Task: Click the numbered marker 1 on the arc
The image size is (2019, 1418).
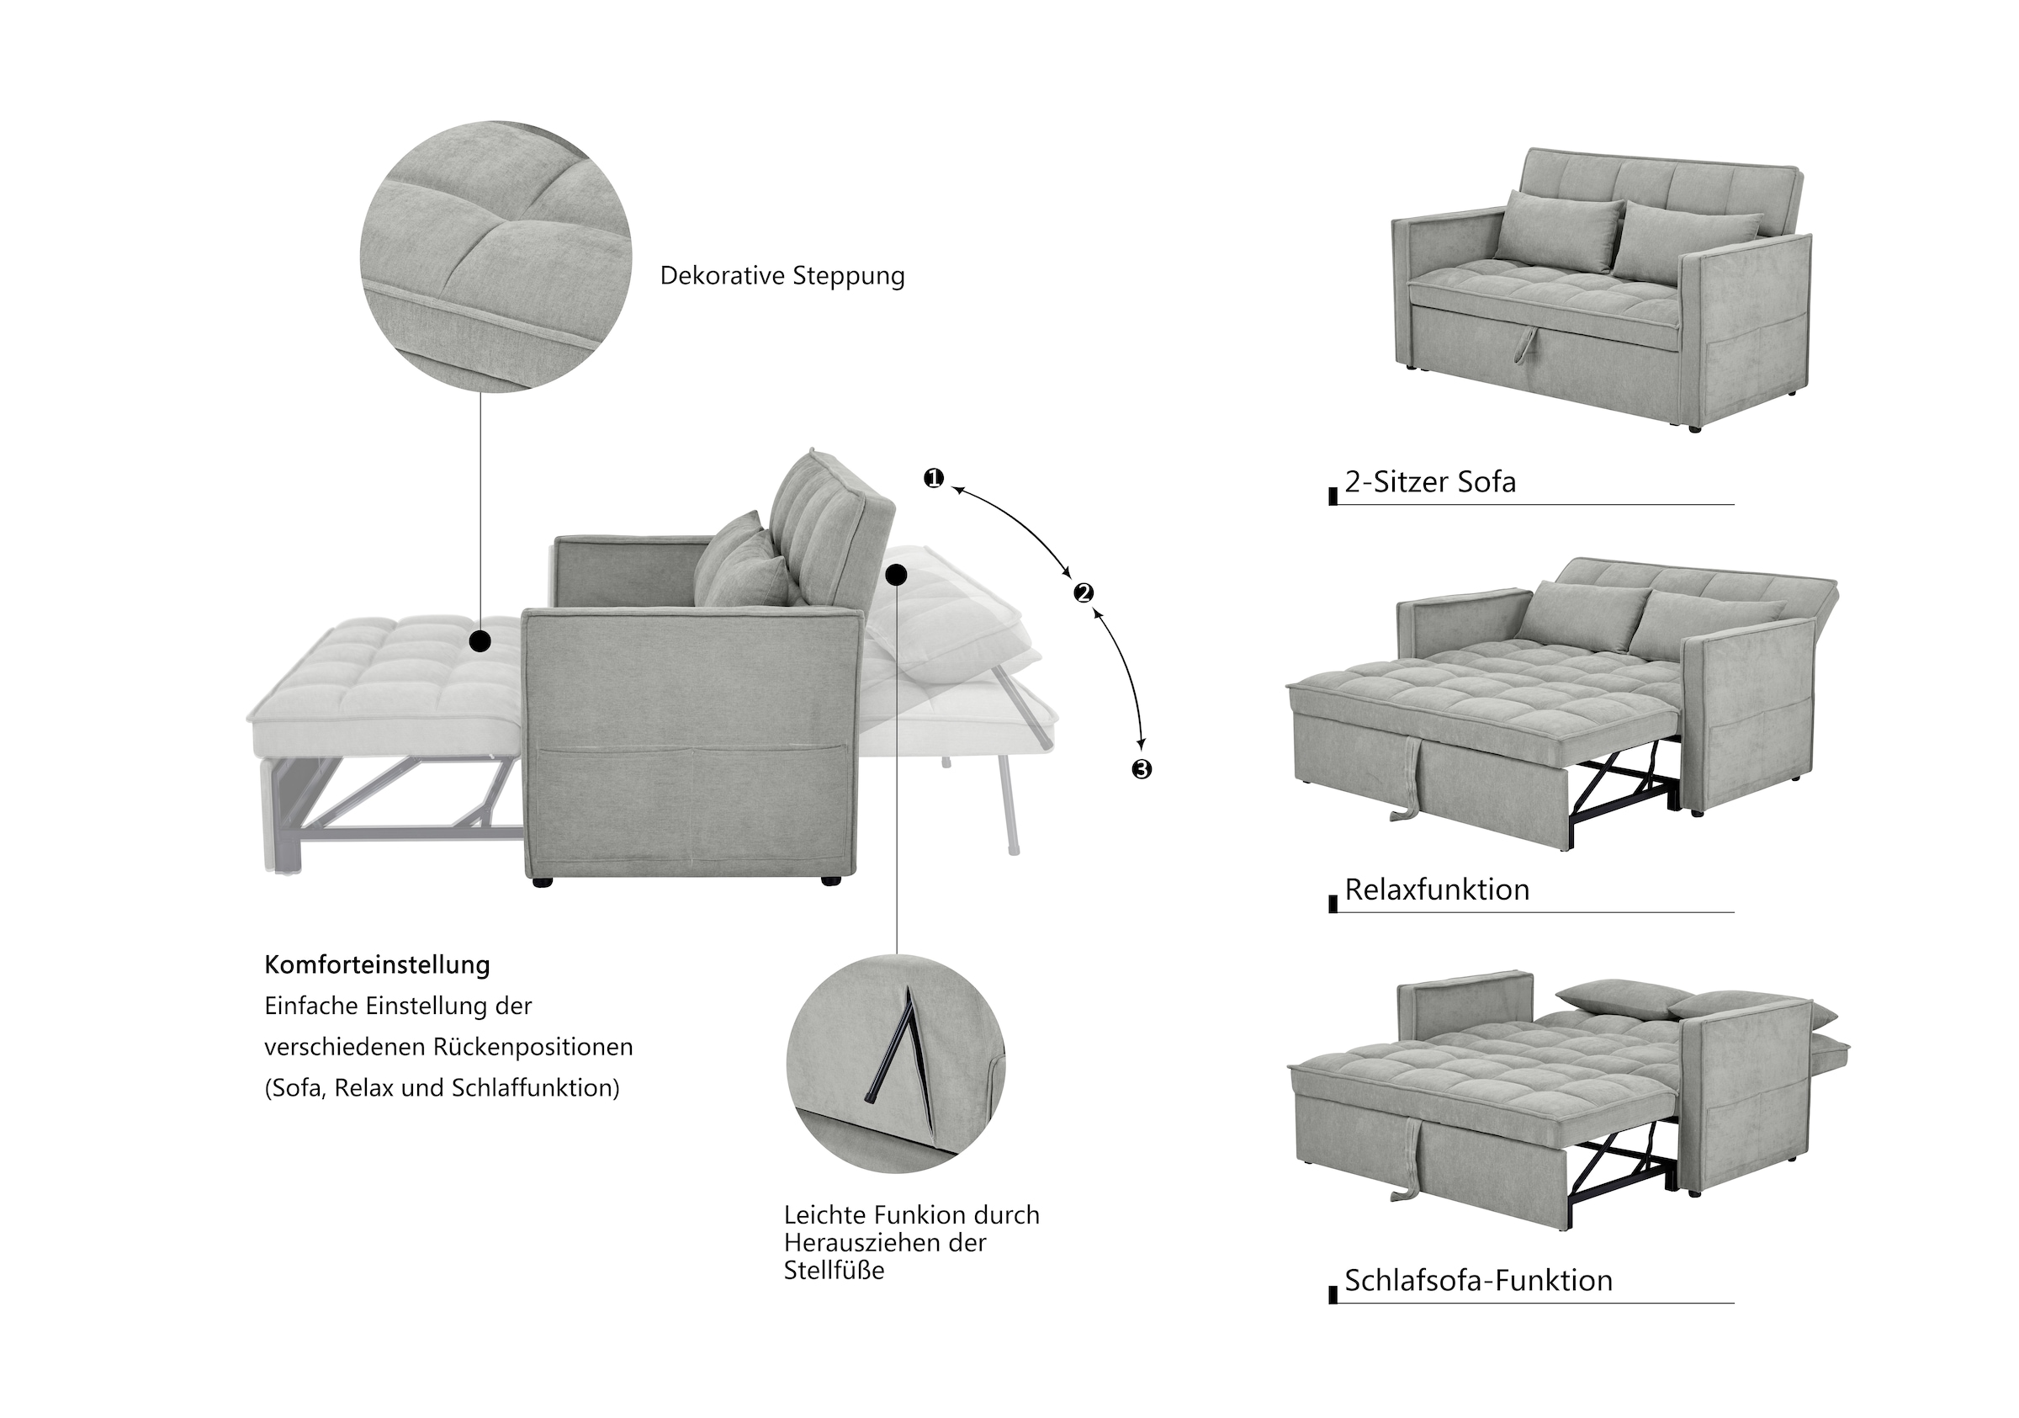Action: click(x=933, y=479)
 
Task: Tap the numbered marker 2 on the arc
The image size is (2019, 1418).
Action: click(x=1084, y=593)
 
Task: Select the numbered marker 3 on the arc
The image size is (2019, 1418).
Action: click(x=1141, y=770)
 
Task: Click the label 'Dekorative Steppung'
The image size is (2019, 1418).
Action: click(x=782, y=276)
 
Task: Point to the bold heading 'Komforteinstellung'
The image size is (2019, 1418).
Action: click(x=377, y=965)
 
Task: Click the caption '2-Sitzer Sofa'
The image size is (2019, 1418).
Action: click(x=1430, y=482)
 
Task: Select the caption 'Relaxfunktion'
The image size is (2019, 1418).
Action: click(x=1437, y=890)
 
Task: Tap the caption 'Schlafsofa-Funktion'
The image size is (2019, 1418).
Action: click(x=1478, y=1281)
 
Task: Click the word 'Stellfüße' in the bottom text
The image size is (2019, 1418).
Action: click(x=834, y=1270)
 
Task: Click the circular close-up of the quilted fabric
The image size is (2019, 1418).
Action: click(x=495, y=257)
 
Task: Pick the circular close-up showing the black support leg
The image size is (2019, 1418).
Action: click(x=895, y=1064)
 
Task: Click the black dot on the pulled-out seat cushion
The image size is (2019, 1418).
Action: click(x=480, y=641)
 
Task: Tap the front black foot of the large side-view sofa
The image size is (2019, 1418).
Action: click(x=543, y=880)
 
